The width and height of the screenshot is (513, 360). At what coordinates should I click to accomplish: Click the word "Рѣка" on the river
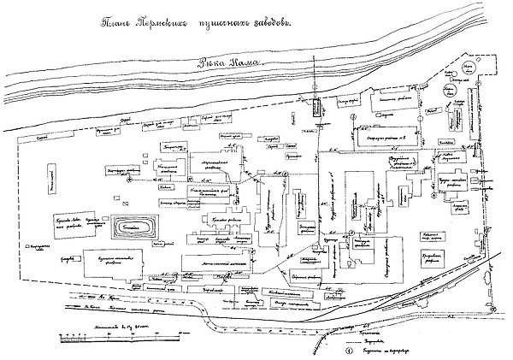213,62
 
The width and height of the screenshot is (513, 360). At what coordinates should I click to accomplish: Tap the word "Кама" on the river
249,62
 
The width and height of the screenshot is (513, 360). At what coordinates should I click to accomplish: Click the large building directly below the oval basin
126,261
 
